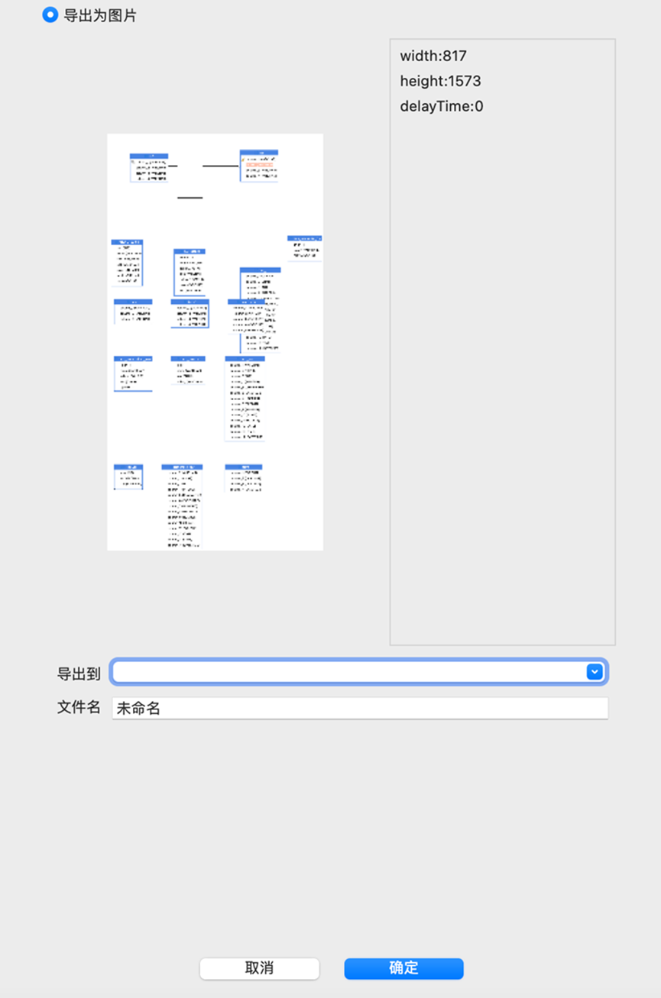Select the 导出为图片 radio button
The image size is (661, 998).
point(50,15)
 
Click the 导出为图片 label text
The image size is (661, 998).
point(100,15)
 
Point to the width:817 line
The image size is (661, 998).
point(433,56)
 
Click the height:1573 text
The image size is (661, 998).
point(440,81)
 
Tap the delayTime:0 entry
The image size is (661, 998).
point(441,106)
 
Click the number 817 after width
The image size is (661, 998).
point(453,56)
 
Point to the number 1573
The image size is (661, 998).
point(465,81)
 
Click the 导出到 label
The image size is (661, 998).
point(79,673)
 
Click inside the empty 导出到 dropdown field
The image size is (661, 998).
point(348,672)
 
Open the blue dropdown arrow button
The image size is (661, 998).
point(595,672)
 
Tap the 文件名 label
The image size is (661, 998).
point(79,707)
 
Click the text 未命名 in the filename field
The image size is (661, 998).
point(138,709)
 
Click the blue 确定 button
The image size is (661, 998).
point(403,968)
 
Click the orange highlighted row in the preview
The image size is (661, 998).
point(260,163)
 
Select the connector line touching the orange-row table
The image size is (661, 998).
point(221,166)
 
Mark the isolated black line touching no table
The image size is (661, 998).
point(190,198)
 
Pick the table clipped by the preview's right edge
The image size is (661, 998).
point(304,247)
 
